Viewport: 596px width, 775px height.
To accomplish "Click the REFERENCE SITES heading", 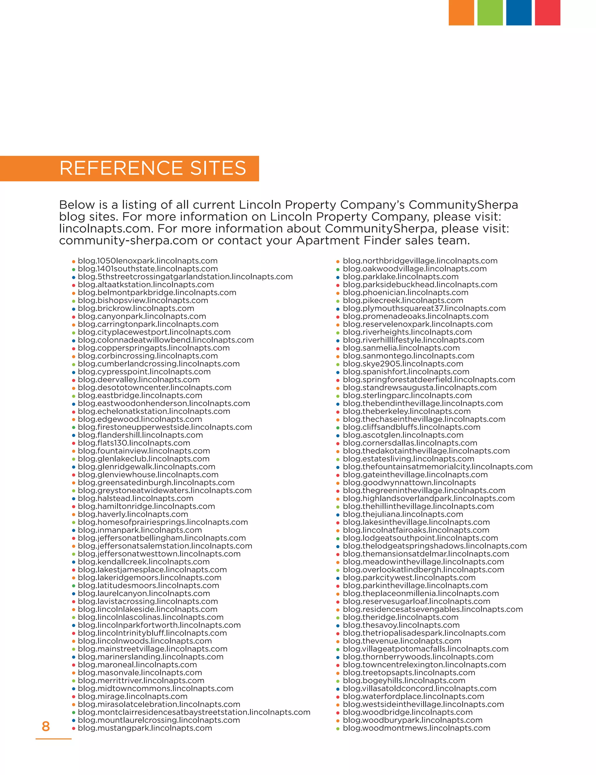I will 153,168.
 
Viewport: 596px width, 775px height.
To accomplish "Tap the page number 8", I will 46,726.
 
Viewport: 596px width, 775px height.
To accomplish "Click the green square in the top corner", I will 490,13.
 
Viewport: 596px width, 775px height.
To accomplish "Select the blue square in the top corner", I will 518,13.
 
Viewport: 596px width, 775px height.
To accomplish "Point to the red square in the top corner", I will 547,13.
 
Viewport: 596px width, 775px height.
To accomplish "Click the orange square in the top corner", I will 461,13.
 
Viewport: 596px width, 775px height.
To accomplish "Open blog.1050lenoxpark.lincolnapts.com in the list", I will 148,261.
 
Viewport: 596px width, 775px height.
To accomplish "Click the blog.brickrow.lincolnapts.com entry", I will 136,308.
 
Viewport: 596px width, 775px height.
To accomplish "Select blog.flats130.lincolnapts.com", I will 134,443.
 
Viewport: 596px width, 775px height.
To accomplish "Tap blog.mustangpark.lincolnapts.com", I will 145,728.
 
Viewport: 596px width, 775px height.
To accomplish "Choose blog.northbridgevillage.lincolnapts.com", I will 420,261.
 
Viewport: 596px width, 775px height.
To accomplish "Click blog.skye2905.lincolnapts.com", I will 403,364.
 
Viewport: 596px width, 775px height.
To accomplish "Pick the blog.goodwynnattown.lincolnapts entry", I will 409,483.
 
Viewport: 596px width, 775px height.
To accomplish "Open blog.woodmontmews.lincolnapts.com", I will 416,728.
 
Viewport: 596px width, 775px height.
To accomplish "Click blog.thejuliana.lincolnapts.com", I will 403,514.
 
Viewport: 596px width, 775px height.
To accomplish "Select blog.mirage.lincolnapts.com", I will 132,696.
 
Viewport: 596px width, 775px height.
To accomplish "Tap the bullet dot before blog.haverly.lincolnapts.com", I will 74,514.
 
